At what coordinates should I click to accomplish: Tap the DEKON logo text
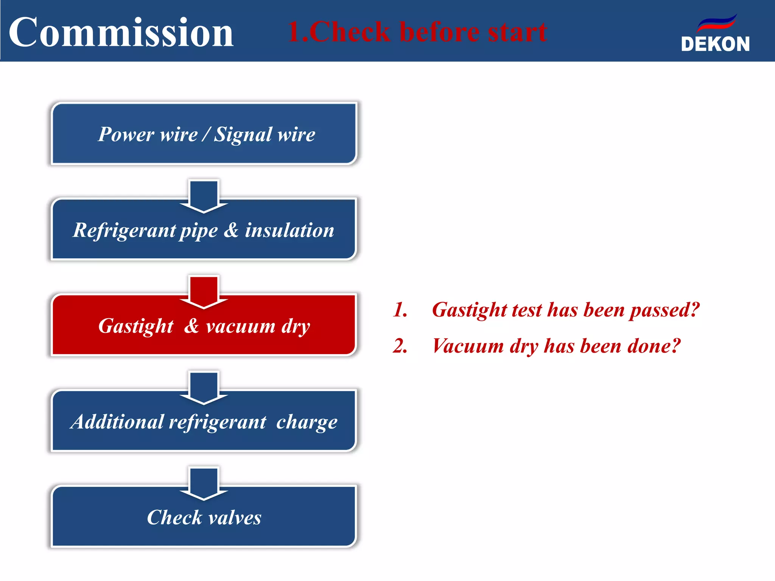715,44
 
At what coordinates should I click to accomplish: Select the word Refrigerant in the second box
124,230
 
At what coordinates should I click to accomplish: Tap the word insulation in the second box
289,230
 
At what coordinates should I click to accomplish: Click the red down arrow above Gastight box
204,292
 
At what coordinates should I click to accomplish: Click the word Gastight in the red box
135,326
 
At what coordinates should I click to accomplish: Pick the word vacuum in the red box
241,326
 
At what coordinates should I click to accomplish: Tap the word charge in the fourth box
307,423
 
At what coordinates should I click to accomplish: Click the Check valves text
204,517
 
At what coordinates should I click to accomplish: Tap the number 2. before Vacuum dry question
400,346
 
